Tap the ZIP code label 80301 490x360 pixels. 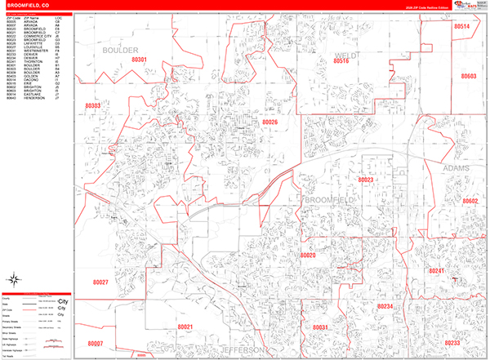pos(140,60)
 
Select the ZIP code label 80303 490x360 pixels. pos(92,106)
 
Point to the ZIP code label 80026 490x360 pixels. pos(269,122)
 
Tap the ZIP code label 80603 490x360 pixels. pos(468,76)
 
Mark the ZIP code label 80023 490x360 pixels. pos(365,180)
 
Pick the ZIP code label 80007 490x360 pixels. pos(96,344)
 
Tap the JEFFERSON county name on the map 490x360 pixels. pos(243,349)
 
